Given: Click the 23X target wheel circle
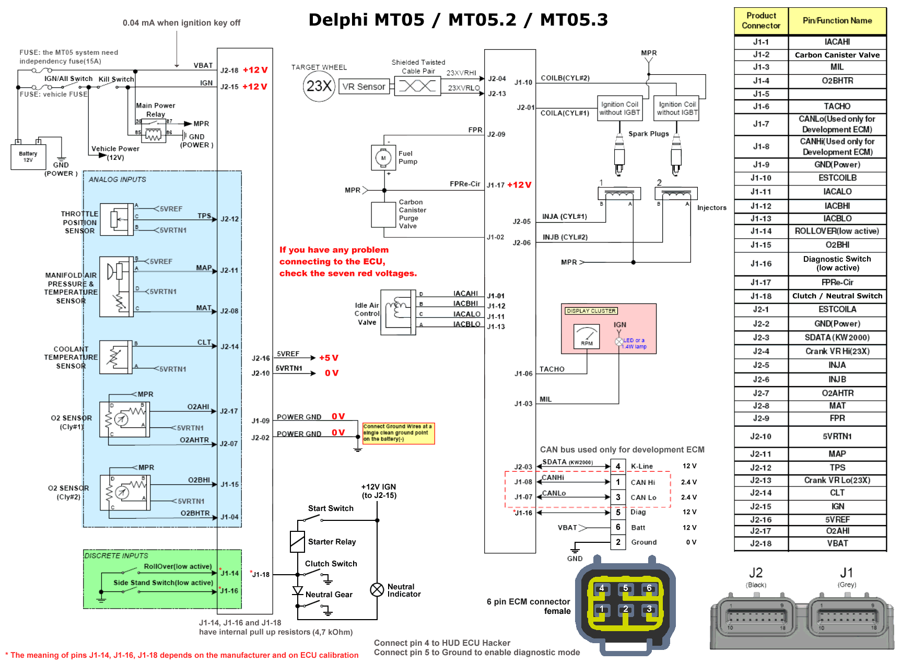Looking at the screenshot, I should pyautogui.click(x=319, y=86).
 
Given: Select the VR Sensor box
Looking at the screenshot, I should pyautogui.click(x=364, y=87).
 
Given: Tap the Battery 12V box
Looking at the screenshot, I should pyautogui.click(x=28, y=157).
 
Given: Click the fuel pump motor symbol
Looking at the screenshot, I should pyautogui.click(x=383, y=158).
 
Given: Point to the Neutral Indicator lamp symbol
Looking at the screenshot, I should pyautogui.click(x=377, y=590).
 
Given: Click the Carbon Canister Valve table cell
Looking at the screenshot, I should pyautogui.click(x=837, y=55).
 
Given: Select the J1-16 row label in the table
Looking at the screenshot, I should pyautogui.click(x=760, y=263).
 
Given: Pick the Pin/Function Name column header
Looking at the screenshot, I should pyautogui.click(x=837, y=21).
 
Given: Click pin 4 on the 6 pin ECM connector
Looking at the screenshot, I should pyautogui.click(x=601, y=588).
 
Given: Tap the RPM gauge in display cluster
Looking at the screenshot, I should pyautogui.click(x=587, y=336).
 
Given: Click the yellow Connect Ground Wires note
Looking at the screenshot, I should pyautogui.click(x=399, y=433).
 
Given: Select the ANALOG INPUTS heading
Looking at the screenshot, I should pyautogui.click(x=118, y=179).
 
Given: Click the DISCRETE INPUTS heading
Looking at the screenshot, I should pyautogui.click(x=116, y=555).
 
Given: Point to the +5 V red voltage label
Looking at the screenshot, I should pyautogui.click(x=329, y=358).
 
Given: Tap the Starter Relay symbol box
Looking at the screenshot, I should pyautogui.click(x=297, y=542).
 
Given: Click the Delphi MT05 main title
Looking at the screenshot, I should pyautogui.click(x=458, y=20).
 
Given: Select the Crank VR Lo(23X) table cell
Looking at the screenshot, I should pyautogui.click(x=837, y=480).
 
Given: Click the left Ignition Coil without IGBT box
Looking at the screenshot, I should pyautogui.click(x=619, y=108).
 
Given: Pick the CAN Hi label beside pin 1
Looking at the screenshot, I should pyautogui.click(x=642, y=482).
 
